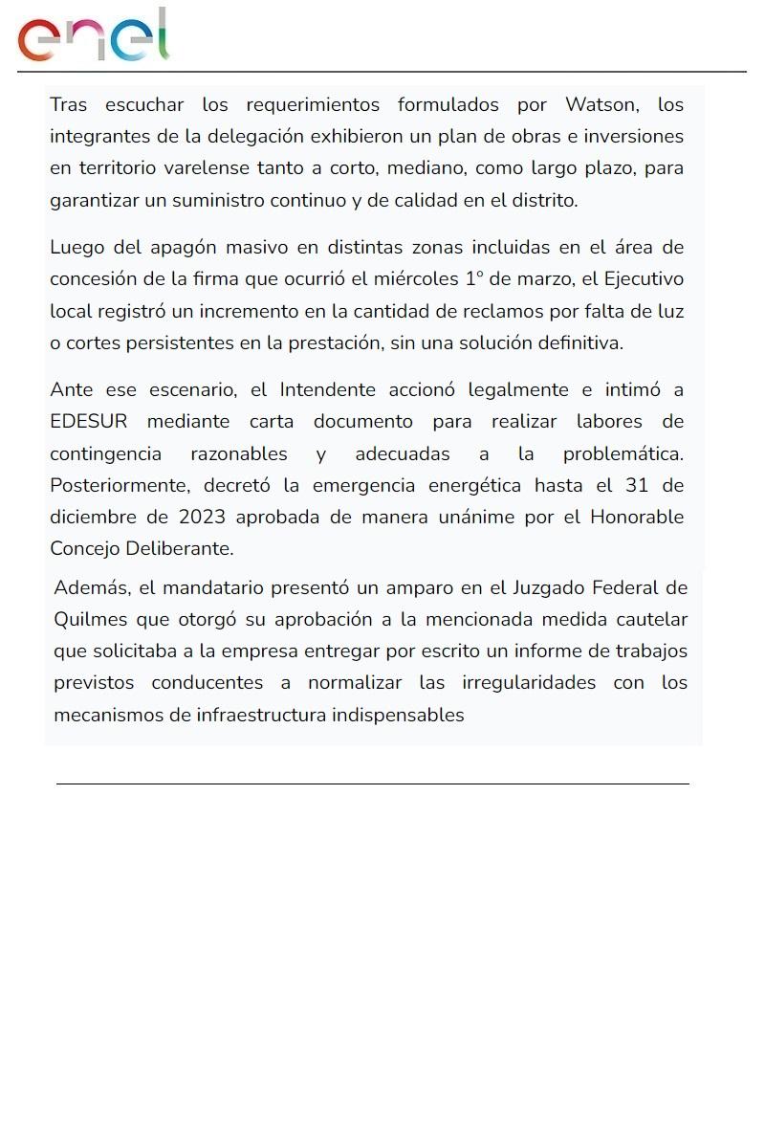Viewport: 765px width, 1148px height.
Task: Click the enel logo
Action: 94,36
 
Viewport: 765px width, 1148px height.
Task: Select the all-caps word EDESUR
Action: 88,422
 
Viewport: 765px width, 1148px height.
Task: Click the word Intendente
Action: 327,390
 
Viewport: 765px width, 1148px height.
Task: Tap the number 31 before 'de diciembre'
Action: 637,485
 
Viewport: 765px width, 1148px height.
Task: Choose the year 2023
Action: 202,518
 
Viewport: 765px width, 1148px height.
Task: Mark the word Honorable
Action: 637,518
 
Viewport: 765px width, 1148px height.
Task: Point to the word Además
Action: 91,587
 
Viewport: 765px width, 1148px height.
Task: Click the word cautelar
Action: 650,619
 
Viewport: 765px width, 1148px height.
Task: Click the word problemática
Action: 623,453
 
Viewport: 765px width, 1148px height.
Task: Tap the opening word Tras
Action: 68,104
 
